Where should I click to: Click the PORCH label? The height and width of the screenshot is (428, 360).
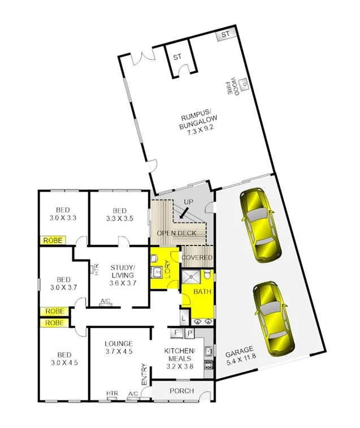[x=182, y=391]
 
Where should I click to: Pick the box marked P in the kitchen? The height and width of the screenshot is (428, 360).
[x=189, y=333]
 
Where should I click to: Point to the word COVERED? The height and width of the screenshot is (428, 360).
[x=196, y=258]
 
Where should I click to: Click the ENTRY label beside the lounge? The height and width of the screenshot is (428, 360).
[x=144, y=374]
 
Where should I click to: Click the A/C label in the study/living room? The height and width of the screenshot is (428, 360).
[x=105, y=301]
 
